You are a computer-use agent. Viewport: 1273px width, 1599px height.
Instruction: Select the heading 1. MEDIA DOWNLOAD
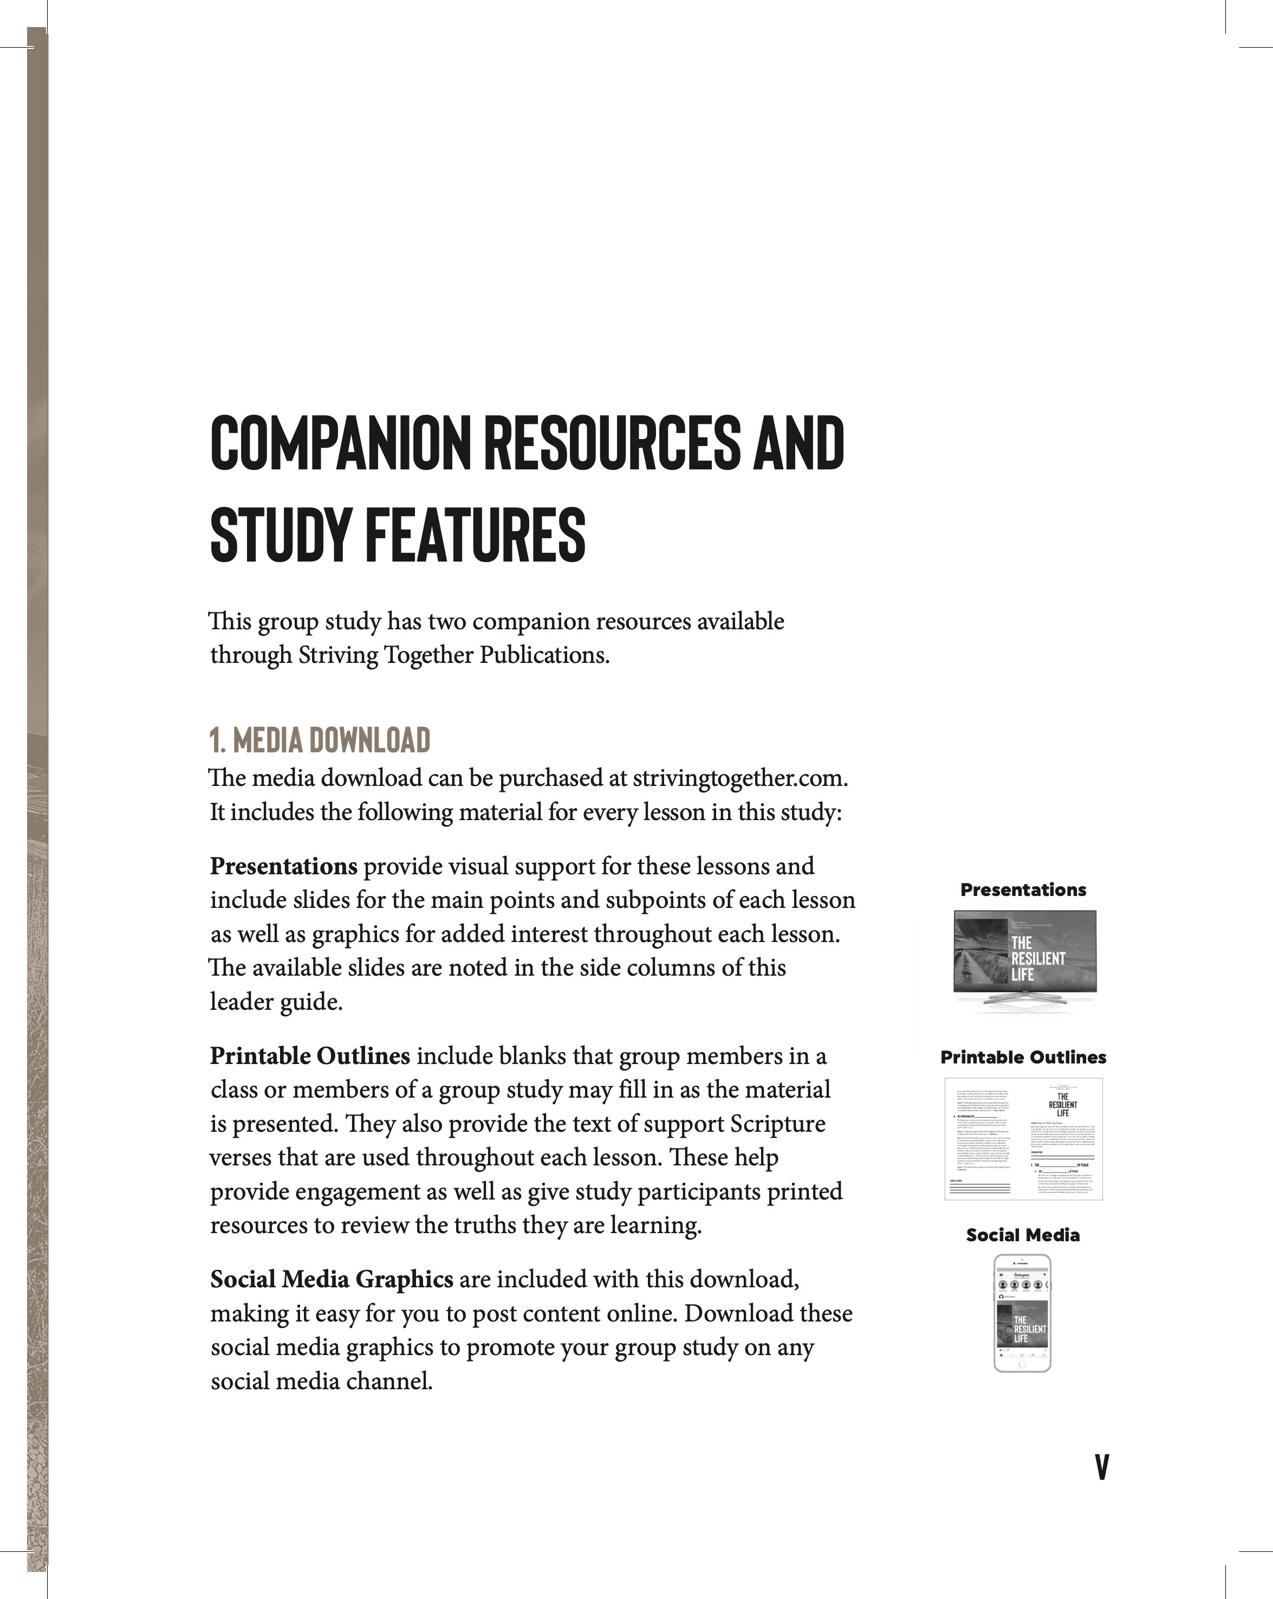(320, 740)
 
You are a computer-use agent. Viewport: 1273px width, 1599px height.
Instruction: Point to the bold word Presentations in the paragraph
(283, 866)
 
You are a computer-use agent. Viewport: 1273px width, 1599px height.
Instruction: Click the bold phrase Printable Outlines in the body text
(310, 1055)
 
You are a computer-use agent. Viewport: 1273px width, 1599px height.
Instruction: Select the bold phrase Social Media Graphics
(332, 1279)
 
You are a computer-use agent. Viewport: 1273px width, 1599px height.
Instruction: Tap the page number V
(1102, 1466)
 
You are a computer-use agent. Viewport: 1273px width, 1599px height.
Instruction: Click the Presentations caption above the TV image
(1023, 890)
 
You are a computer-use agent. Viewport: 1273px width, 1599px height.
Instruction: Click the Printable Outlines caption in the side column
(1023, 1058)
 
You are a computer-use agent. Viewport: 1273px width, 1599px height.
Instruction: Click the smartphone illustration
(1022, 1313)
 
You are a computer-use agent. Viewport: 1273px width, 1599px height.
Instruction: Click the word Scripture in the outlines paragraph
(777, 1124)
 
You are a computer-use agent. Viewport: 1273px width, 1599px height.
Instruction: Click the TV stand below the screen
(1024, 1001)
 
